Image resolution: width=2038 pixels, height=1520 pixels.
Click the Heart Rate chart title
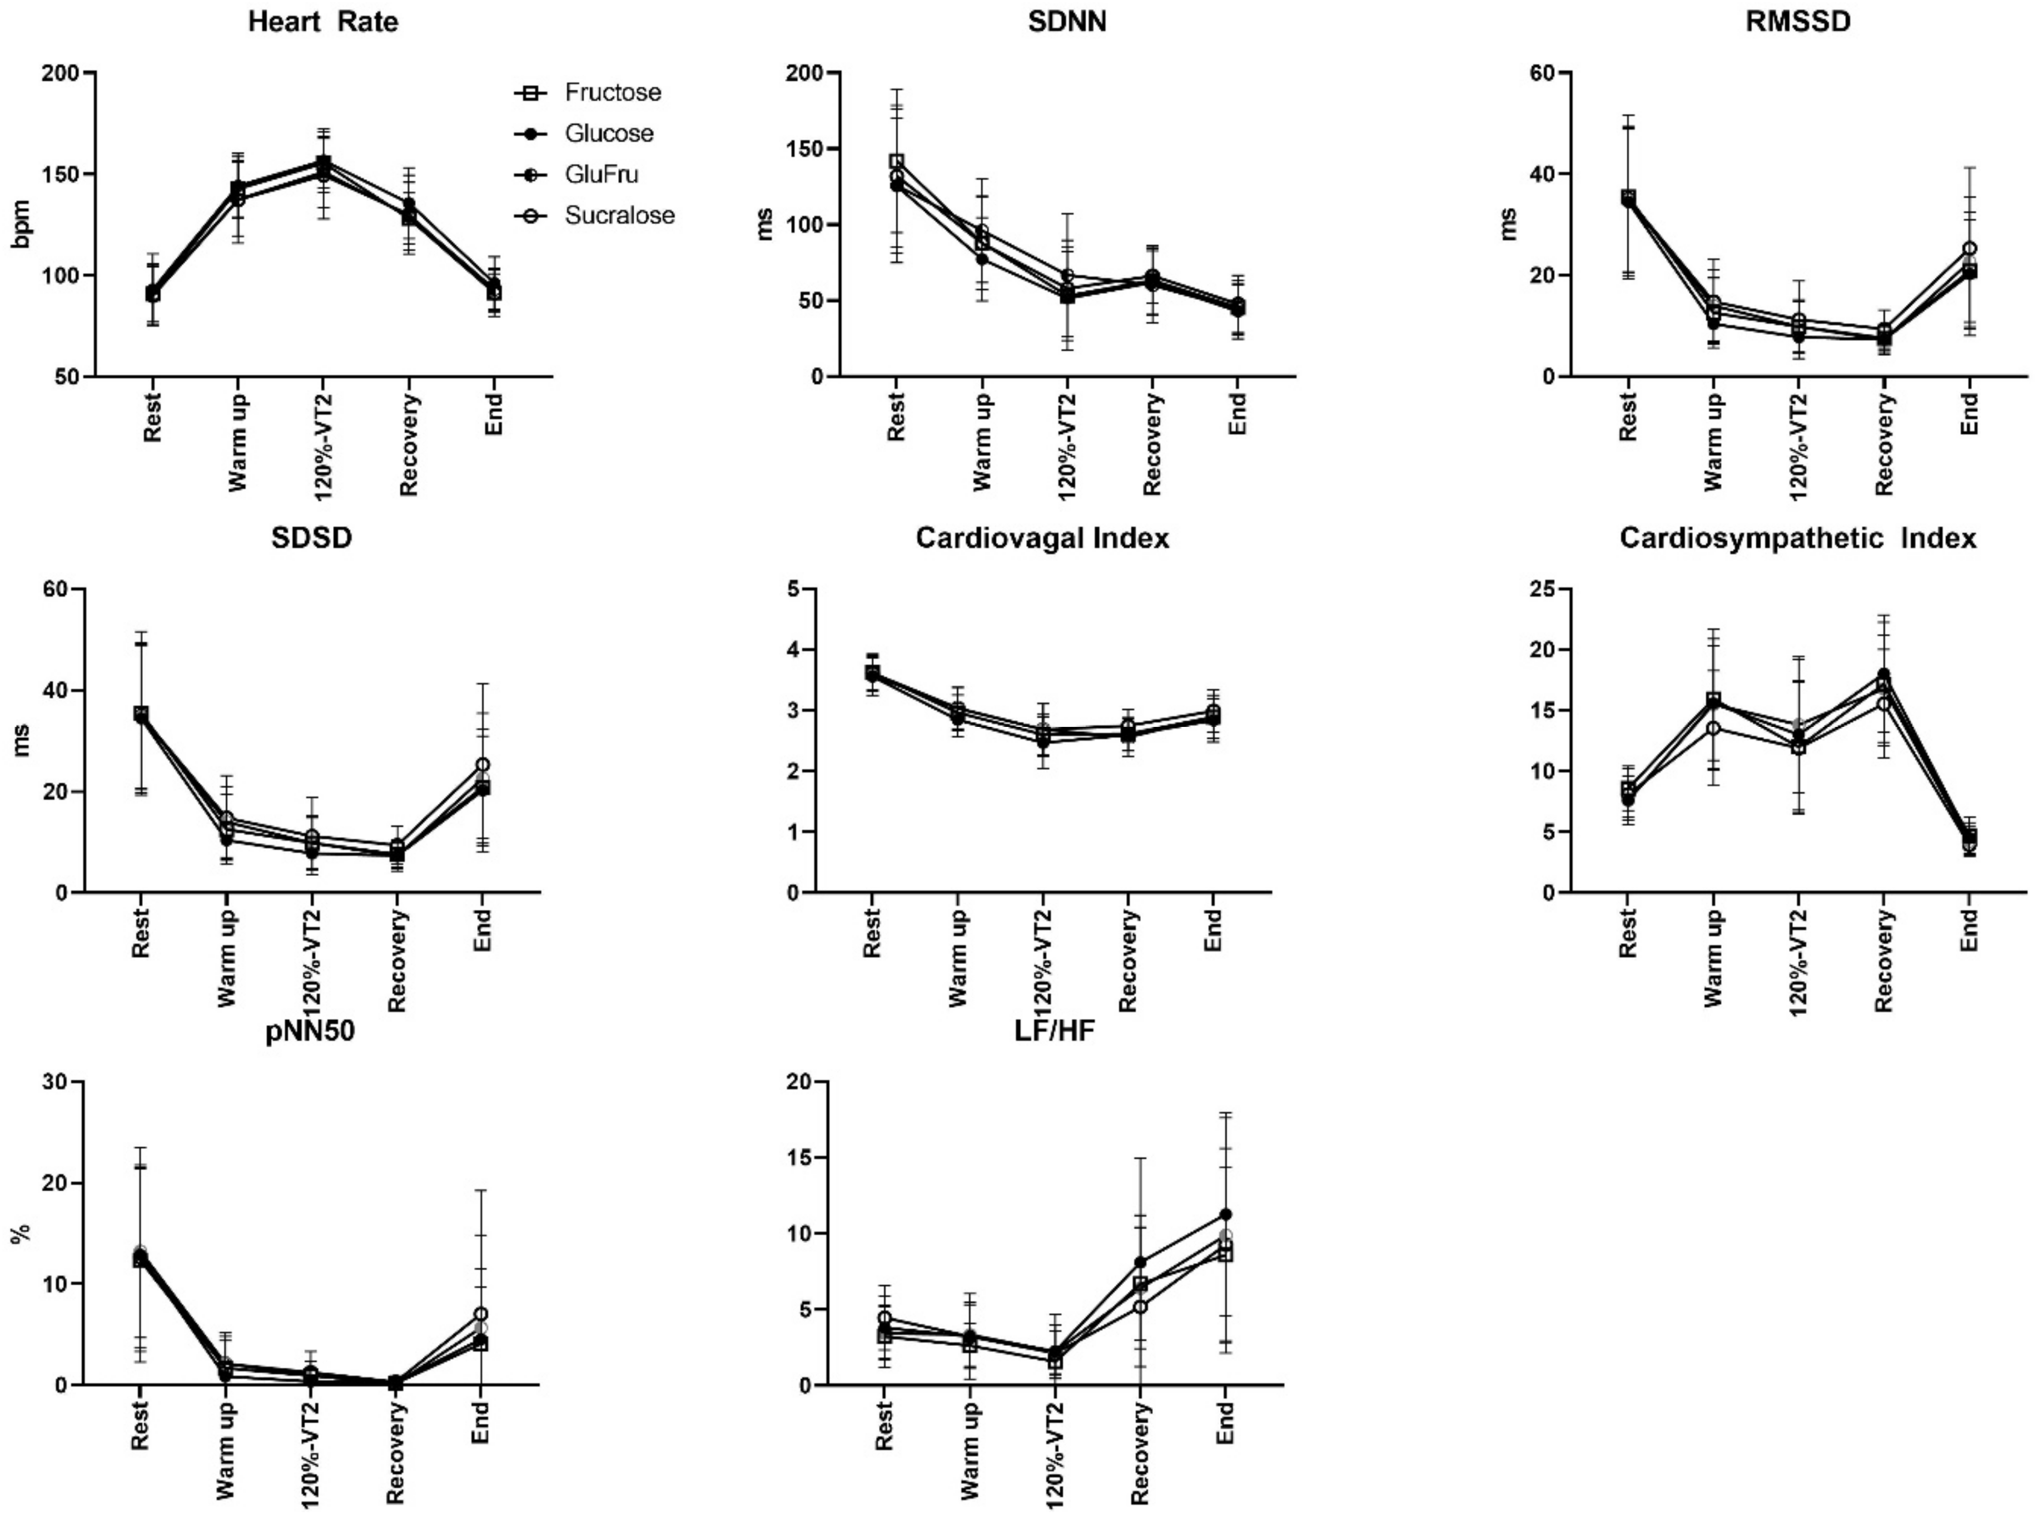click(323, 22)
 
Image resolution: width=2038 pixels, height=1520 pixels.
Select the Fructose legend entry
click(612, 92)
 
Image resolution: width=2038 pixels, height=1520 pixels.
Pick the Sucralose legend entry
click(619, 215)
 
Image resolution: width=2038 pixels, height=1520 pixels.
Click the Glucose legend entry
click(608, 133)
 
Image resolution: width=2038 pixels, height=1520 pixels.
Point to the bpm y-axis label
click(22, 224)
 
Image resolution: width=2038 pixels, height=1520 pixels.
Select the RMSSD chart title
click(1797, 22)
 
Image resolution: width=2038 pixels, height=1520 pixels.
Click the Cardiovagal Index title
click(1042, 538)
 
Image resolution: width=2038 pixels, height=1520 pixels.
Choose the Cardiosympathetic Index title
click(1797, 538)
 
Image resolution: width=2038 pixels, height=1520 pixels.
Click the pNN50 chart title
click(310, 1032)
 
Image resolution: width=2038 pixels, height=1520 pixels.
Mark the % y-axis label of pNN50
click(20, 1234)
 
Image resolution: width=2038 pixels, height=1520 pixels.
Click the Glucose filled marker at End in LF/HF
click(1225, 1215)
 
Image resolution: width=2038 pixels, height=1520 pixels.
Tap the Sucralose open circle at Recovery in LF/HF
click(1140, 1306)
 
